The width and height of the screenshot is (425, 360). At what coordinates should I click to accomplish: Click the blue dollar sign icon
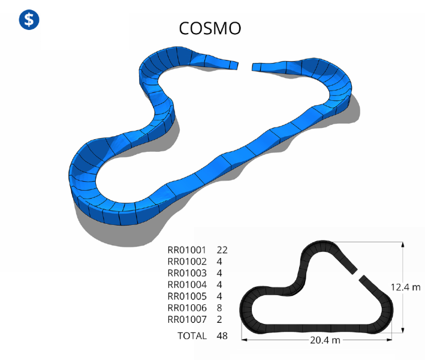[29, 20]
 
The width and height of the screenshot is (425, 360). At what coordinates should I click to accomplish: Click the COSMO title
[210, 28]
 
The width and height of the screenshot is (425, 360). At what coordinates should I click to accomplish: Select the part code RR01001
[187, 250]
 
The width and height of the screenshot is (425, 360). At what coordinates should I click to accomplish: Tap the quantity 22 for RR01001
[222, 250]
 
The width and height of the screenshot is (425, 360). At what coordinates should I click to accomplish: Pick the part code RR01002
[187, 262]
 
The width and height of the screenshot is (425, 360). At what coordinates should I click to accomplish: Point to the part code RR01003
[187, 273]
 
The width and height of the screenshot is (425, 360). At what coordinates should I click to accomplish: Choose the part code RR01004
[187, 285]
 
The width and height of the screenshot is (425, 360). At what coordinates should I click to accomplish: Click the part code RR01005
[187, 296]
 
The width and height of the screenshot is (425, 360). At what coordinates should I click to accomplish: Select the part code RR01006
[187, 308]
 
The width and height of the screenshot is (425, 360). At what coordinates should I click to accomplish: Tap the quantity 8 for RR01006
[219, 308]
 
